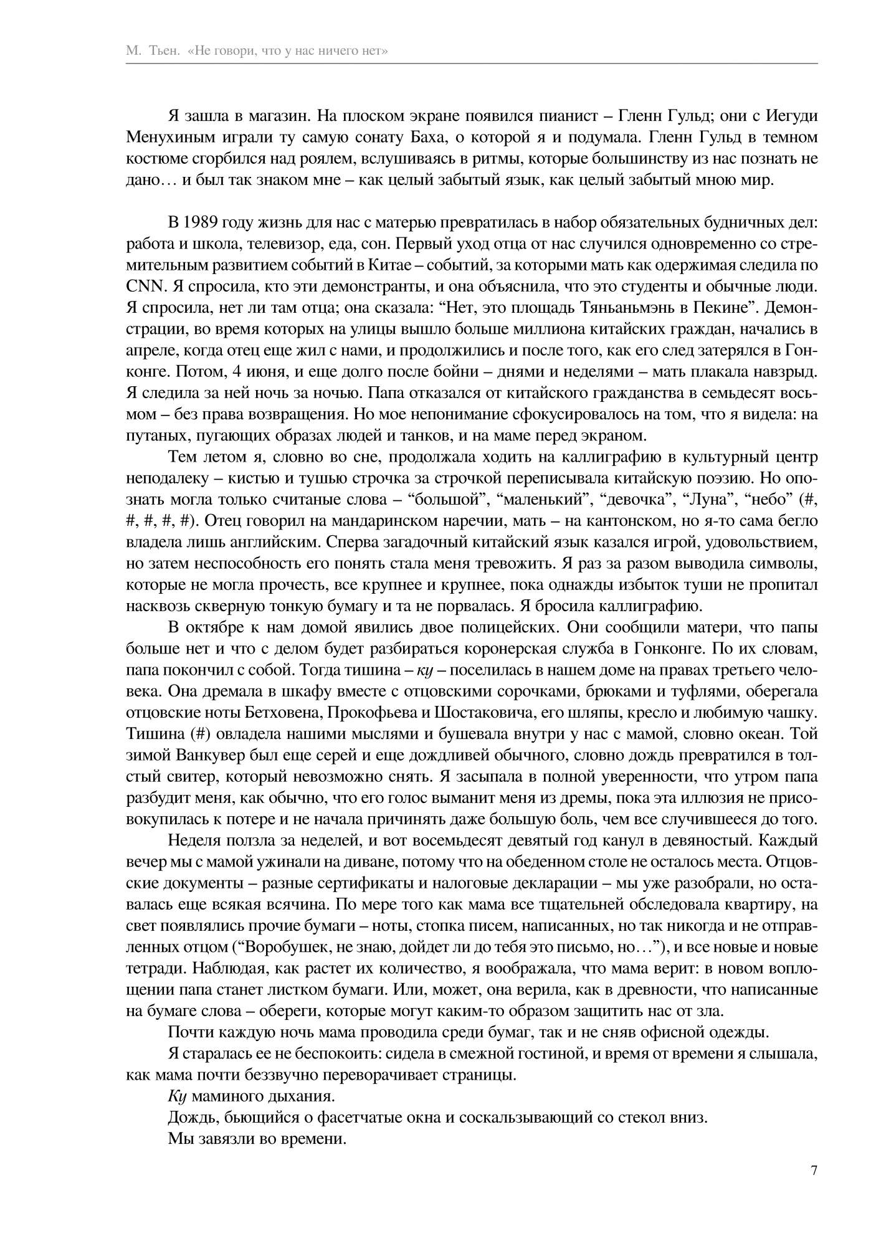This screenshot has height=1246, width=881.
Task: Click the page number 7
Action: click(814, 1170)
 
